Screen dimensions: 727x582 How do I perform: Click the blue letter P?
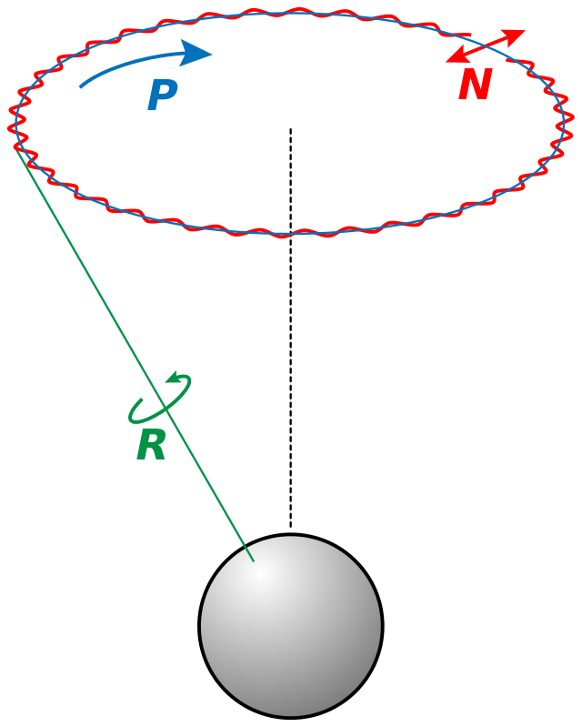[x=161, y=96]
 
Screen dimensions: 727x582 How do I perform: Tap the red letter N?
[x=475, y=86]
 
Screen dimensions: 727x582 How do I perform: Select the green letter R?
[x=151, y=446]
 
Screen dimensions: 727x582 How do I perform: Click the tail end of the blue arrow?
[x=82, y=86]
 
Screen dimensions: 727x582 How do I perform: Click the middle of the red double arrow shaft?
[x=486, y=46]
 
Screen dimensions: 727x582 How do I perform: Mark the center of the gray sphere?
[x=291, y=626]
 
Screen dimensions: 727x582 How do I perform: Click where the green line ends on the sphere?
[x=253, y=560]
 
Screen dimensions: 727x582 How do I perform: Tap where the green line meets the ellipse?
[x=16, y=148]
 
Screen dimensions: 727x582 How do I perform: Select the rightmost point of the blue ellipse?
[x=565, y=119]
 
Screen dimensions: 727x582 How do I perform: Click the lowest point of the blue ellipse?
[x=289, y=233]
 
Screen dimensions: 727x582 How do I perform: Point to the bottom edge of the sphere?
[x=291, y=715]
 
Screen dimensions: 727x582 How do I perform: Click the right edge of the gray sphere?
[x=380, y=626]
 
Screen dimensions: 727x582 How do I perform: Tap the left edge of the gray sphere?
[x=202, y=626]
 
